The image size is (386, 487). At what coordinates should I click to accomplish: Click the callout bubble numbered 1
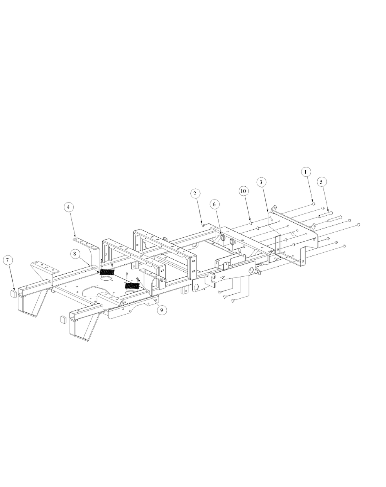(305, 171)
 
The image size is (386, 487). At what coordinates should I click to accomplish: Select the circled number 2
(195, 193)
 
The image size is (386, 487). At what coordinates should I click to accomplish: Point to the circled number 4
(68, 207)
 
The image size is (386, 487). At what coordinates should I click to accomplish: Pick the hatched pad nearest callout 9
(132, 286)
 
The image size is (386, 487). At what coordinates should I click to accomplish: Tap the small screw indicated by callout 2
(203, 224)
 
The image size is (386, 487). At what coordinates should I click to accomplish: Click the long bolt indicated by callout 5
(331, 211)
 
